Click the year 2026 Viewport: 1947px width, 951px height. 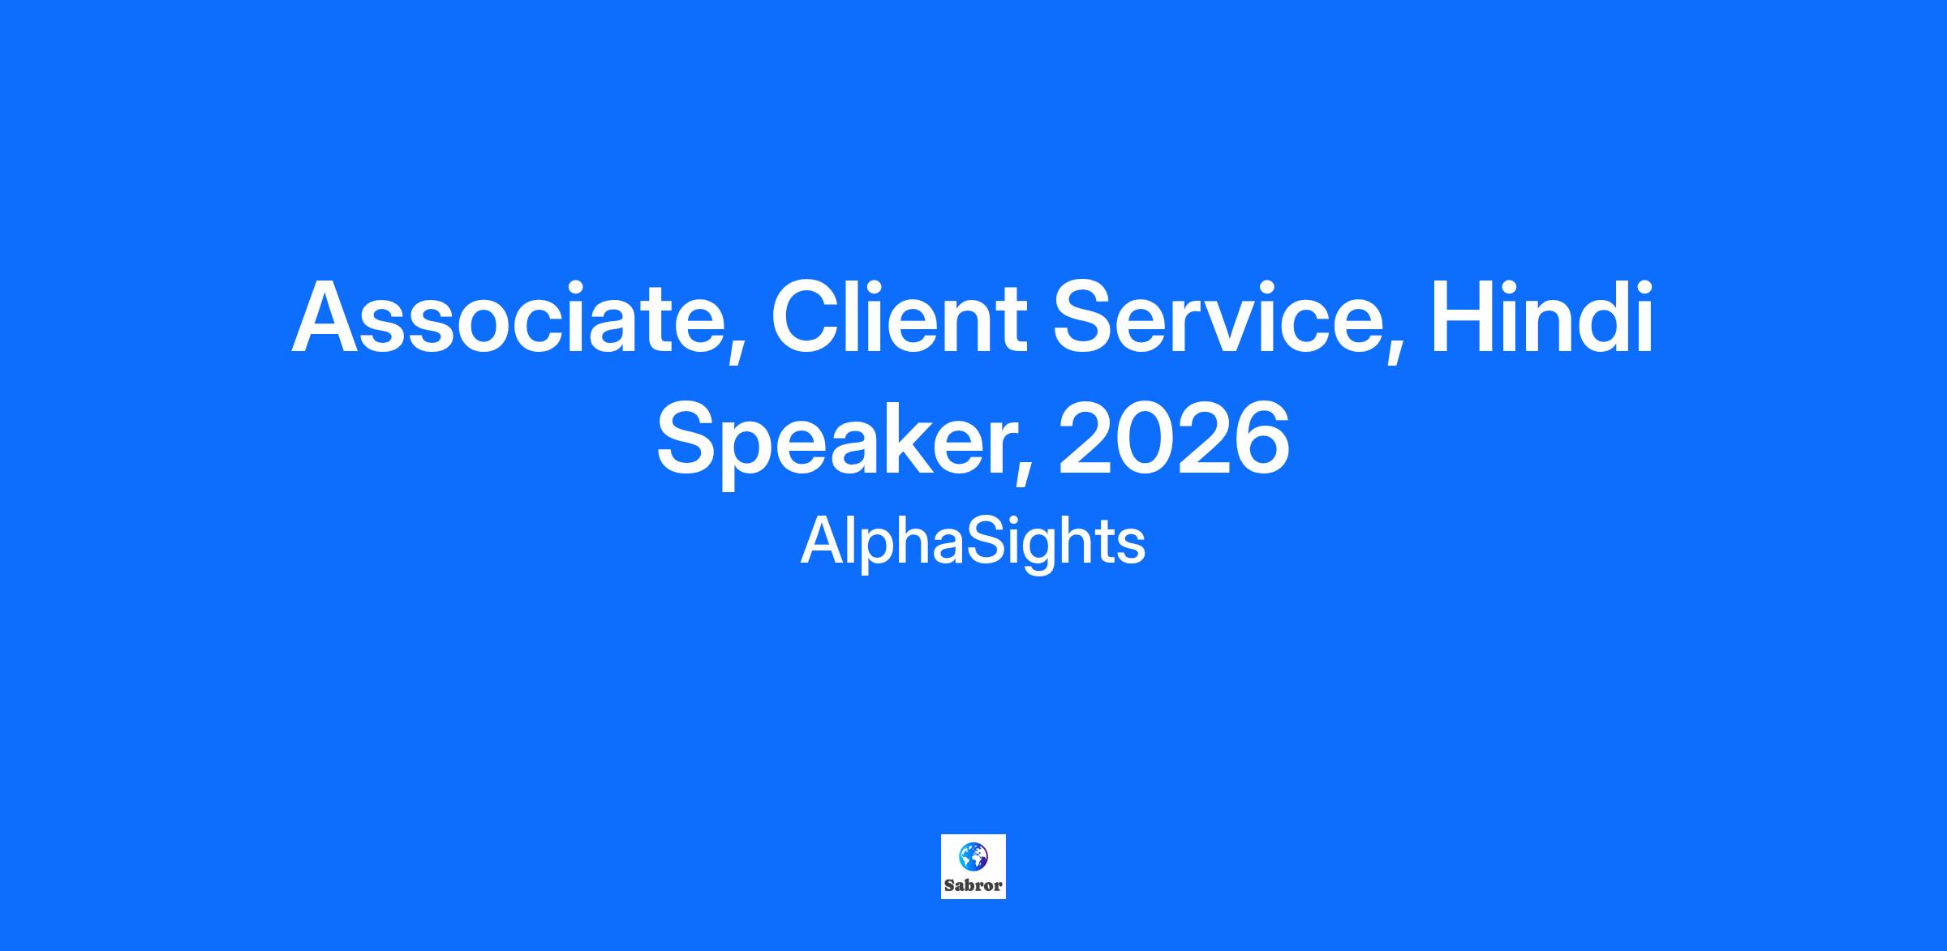(x=1174, y=439)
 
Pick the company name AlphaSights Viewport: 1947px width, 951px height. (x=973, y=542)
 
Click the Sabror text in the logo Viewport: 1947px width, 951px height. (x=973, y=886)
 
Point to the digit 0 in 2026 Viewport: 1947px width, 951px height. (x=1144, y=439)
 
